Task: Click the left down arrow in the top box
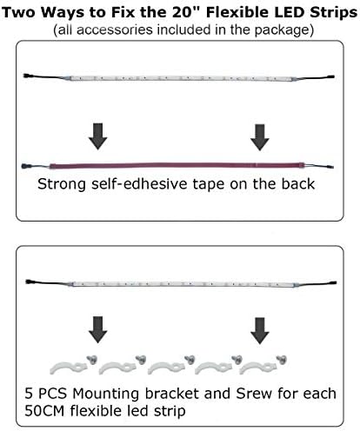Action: click(98, 136)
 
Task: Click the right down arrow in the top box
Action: click(260, 137)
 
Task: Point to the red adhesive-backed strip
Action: click(177, 166)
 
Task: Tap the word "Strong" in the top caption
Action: click(62, 185)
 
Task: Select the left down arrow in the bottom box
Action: click(98, 329)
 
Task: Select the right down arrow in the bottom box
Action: click(260, 331)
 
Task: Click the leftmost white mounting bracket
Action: click(69, 368)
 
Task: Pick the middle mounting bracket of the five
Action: click(167, 368)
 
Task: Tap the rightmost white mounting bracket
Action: click(258, 368)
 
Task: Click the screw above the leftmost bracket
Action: click(92, 360)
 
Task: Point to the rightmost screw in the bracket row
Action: click(281, 360)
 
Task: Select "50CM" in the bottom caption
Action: click(44, 411)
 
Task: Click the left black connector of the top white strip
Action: click(29, 76)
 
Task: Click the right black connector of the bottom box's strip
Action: click(331, 282)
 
